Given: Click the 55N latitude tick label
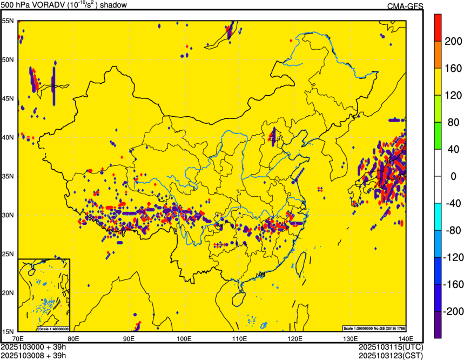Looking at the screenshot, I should (8, 21).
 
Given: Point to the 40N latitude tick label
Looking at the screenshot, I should (8, 137).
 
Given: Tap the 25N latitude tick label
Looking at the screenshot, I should (8, 254).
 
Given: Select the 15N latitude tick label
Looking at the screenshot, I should (8, 331).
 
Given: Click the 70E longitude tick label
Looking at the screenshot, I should (18, 338).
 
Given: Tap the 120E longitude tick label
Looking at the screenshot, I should (295, 338).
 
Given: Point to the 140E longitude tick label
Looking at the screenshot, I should (406, 338).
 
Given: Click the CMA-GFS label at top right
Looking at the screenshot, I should (405, 6).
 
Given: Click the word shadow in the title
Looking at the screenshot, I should (114, 5).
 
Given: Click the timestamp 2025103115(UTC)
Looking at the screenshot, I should (391, 346).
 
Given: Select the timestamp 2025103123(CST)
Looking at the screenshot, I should (391, 355).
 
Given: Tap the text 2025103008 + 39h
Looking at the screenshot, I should (33, 355).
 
